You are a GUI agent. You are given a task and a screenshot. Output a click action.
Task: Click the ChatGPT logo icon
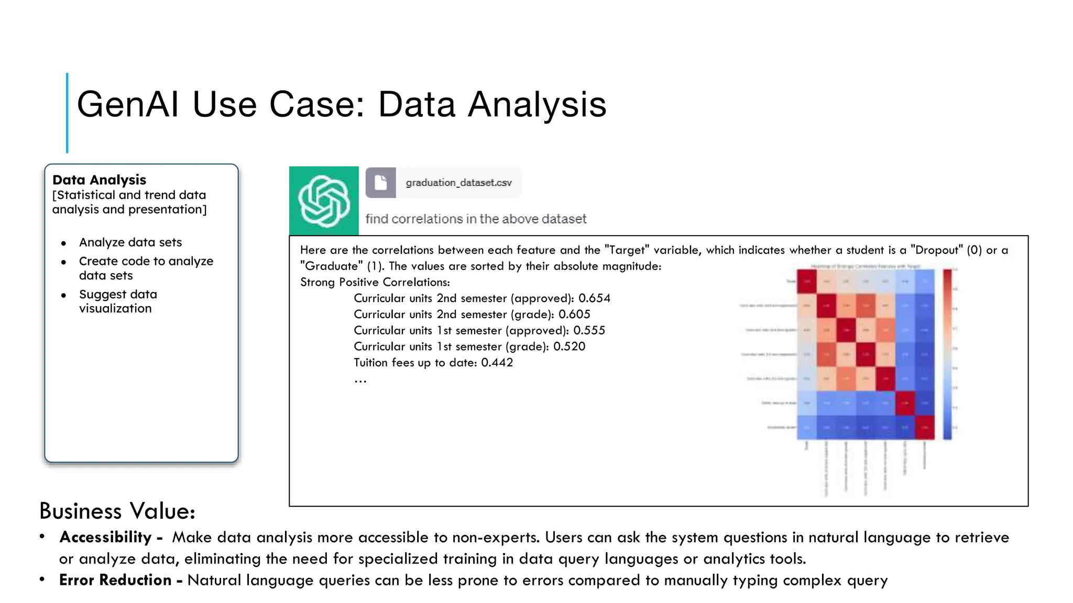324,201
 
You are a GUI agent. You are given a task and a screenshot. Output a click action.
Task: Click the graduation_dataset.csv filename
458,183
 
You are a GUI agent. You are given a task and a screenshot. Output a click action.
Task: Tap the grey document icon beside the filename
381,183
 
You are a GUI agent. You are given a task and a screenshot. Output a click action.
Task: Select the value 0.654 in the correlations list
594,298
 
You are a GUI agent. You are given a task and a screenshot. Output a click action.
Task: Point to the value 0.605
574,315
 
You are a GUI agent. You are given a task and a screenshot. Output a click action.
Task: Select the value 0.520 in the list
569,347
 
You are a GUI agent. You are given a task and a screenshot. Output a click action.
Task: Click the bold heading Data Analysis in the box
99,180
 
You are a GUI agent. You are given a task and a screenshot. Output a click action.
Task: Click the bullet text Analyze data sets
130,242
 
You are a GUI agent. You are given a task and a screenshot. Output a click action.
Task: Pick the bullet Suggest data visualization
118,301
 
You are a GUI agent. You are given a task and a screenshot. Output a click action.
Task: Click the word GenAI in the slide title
128,104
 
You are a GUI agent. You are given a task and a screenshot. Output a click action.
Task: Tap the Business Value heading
117,511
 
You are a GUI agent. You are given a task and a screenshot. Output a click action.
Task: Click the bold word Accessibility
105,538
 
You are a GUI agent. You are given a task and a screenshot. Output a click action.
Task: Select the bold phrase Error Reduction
115,580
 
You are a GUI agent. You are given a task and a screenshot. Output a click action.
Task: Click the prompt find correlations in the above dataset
476,219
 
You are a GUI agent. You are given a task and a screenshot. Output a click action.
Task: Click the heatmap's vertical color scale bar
947,354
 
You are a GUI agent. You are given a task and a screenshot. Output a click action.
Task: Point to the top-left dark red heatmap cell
807,282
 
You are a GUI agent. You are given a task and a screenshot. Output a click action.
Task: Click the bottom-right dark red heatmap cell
925,427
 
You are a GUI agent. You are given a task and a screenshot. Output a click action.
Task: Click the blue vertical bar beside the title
67,113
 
